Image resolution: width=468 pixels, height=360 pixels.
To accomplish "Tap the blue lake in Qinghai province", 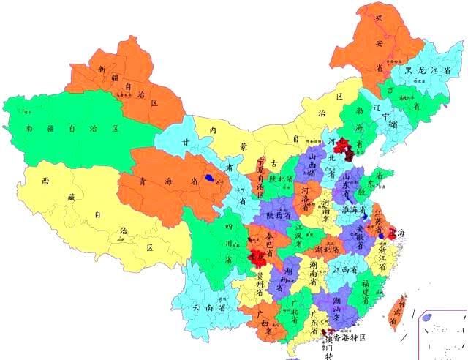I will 210,177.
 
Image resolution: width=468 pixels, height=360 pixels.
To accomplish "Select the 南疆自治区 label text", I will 72,128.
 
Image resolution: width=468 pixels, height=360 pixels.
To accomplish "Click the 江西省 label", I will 343,270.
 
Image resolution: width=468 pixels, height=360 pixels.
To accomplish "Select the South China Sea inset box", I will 441,333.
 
